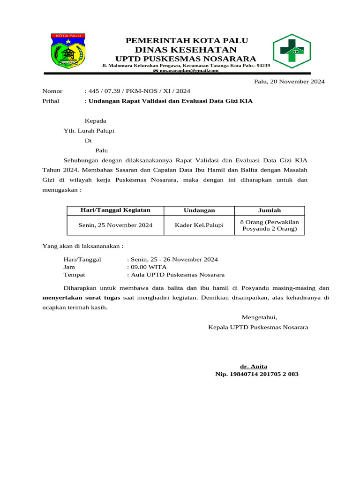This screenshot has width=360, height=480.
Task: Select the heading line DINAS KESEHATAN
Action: (x=186, y=50)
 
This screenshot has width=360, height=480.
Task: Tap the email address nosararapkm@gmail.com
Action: (x=189, y=71)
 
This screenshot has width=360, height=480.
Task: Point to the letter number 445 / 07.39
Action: (x=138, y=91)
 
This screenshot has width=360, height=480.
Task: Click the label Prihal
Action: (x=51, y=101)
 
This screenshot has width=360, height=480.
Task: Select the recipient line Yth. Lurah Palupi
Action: (x=89, y=131)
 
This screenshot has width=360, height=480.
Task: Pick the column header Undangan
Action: (x=199, y=210)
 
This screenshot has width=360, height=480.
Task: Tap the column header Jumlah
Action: (x=270, y=210)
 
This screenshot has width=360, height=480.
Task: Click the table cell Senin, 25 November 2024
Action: (x=115, y=225)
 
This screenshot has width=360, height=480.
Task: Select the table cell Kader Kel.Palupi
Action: (x=199, y=225)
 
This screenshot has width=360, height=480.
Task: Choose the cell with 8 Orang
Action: (x=270, y=225)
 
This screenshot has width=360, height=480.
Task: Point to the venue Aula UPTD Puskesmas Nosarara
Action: (x=177, y=275)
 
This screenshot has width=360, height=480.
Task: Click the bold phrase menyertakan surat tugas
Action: (x=82, y=298)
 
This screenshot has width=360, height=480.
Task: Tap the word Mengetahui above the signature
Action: (x=259, y=317)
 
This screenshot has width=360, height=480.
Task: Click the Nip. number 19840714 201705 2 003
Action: (x=256, y=374)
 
